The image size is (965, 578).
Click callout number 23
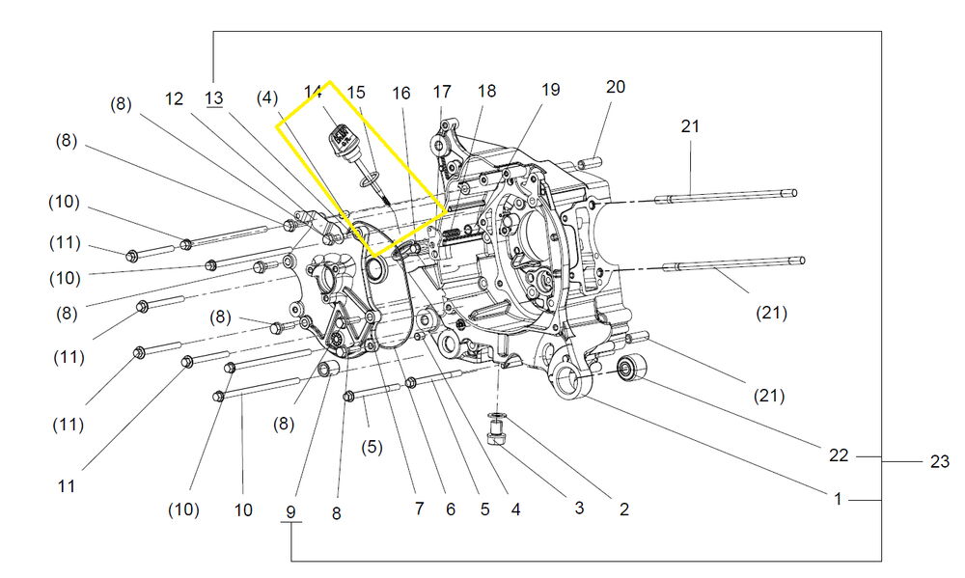point(939,462)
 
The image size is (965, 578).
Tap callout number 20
point(616,87)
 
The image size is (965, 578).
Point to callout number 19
point(550,90)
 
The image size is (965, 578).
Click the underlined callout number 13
point(213,97)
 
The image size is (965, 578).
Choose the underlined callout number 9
point(290,510)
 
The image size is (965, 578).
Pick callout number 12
point(174,97)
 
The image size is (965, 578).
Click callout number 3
point(579,507)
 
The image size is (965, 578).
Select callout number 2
point(624,510)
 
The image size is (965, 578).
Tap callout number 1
point(839,499)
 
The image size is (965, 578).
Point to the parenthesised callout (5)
point(372,447)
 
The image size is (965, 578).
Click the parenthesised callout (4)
point(267,97)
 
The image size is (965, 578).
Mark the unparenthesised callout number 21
point(690,125)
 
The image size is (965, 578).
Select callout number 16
point(401,93)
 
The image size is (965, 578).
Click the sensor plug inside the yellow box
point(340,139)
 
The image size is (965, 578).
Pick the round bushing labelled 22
point(631,368)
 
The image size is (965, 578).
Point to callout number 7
point(419,509)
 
